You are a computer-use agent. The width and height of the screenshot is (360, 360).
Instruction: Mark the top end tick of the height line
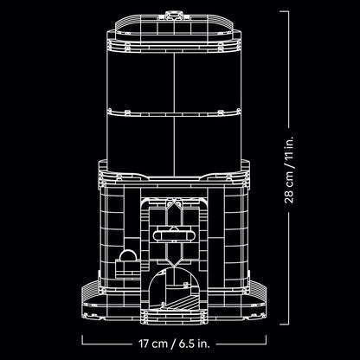point(299,10)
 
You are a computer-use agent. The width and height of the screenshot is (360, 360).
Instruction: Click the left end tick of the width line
point(83,343)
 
